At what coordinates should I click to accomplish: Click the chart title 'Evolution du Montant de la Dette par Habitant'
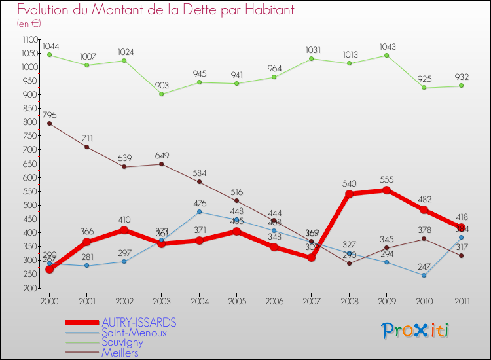click(x=155, y=10)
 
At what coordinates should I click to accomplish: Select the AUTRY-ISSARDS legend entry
click(x=139, y=323)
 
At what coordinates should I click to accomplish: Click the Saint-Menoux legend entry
click(x=134, y=333)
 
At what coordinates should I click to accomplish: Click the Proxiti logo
click(x=416, y=330)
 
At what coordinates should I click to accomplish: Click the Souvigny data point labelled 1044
click(x=50, y=54)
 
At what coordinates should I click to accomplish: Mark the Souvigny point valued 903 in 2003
click(x=162, y=94)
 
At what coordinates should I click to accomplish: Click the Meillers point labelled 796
click(x=50, y=123)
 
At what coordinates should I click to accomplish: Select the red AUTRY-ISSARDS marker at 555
click(x=386, y=190)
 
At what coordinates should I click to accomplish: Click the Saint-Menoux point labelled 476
click(x=199, y=211)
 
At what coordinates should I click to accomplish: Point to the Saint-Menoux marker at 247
click(x=424, y=275)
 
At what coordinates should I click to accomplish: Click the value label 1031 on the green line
click(x=312, y=50)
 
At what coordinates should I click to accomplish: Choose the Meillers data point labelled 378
click(x=424, y=238)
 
